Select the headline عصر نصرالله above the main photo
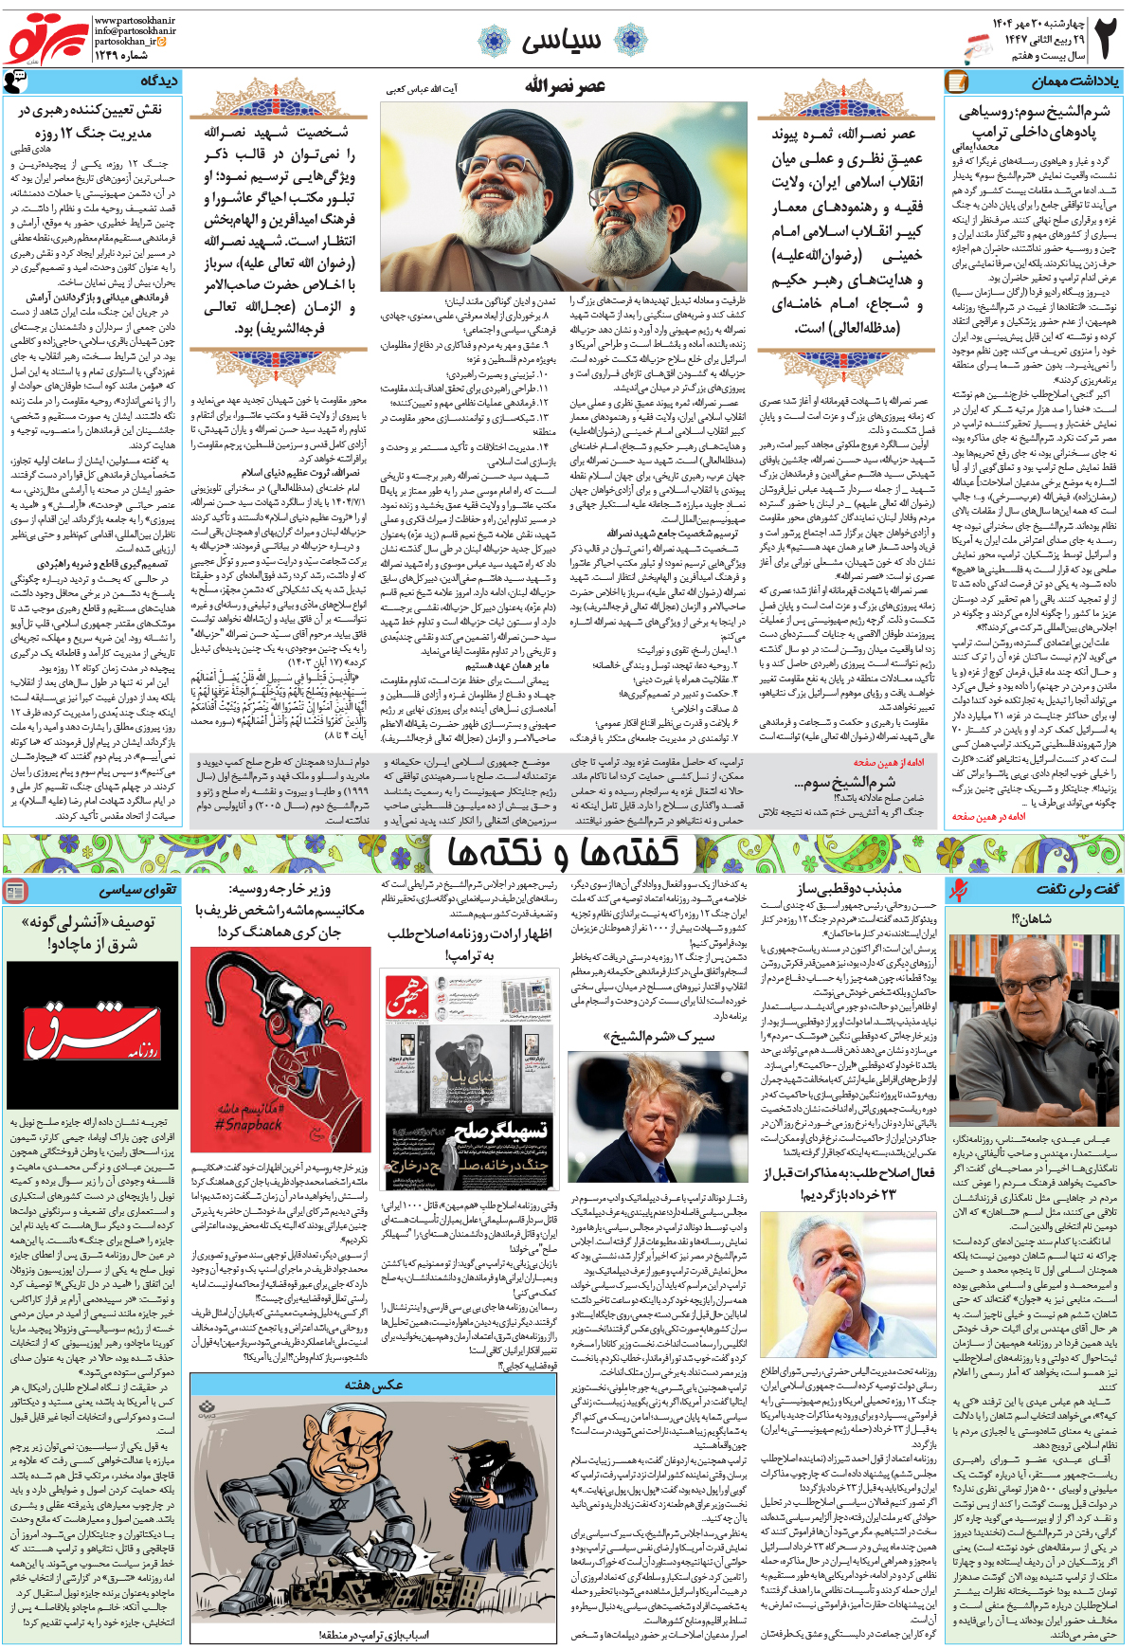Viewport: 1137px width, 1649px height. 566,87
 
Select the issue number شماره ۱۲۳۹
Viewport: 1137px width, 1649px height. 121,55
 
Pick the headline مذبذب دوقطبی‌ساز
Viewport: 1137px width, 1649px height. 848,889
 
